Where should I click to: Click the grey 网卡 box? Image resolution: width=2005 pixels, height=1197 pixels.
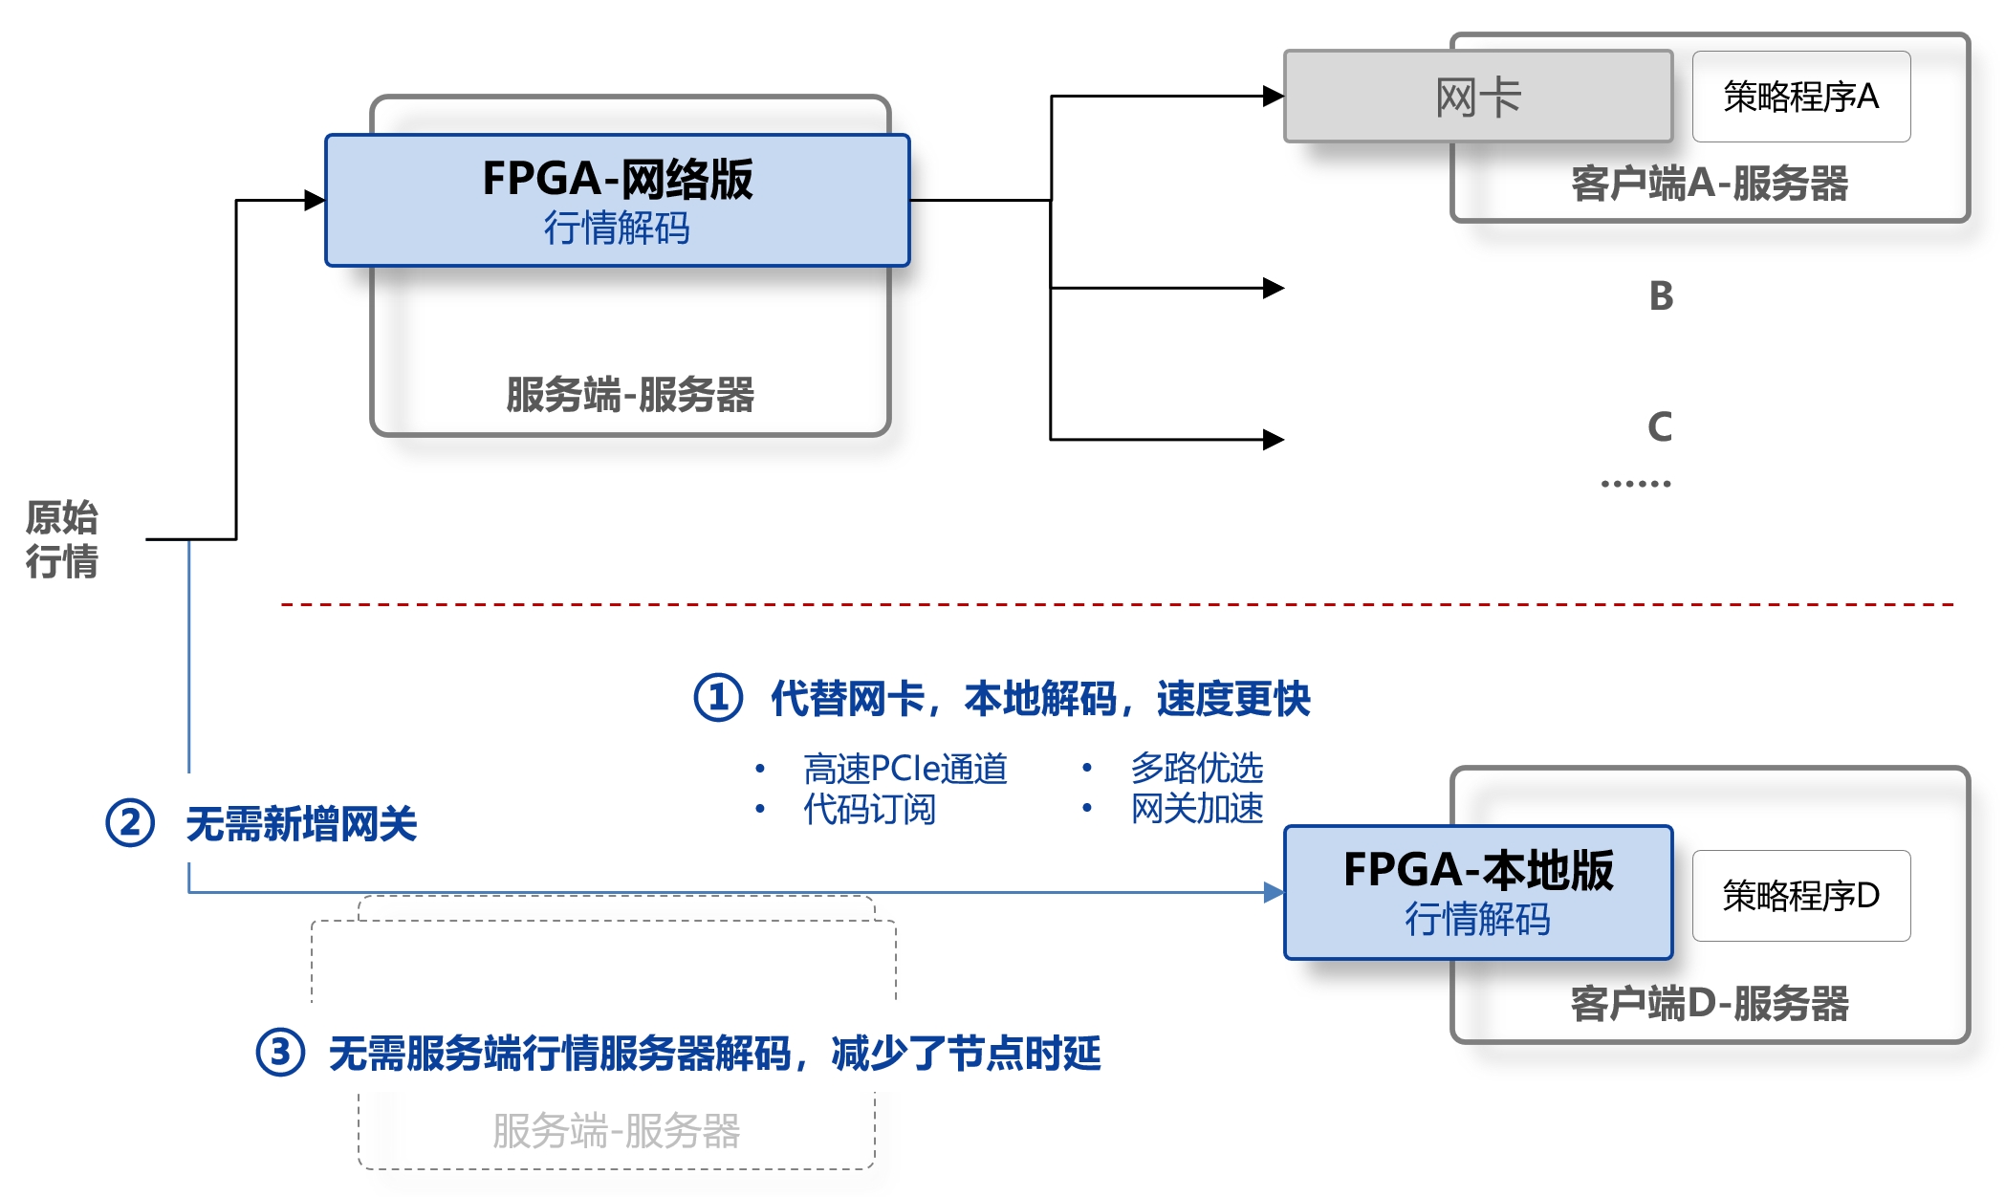1477,97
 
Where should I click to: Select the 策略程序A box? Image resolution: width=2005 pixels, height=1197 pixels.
1800,97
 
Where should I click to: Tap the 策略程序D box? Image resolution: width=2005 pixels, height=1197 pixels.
1800,896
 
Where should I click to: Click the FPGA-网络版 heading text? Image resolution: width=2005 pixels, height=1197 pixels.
618,179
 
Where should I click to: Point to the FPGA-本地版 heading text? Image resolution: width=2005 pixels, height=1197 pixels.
1478,870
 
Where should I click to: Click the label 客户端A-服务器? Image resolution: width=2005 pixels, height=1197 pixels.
1710,184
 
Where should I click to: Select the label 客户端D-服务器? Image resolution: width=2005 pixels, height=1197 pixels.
1710,1004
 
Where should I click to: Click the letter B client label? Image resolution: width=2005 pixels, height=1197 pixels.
1662,296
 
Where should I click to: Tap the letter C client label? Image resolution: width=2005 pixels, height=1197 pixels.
1661,427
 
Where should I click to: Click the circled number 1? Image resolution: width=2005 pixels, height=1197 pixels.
718,698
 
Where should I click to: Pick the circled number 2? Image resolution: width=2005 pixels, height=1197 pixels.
130,823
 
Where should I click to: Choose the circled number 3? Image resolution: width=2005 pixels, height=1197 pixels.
280,1053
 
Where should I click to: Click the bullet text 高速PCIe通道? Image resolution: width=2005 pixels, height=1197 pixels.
905,769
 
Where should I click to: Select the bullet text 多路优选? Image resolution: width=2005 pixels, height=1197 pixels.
1197,768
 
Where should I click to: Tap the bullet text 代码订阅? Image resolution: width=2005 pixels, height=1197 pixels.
869,809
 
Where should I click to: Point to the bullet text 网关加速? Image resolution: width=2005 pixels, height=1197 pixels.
1197,809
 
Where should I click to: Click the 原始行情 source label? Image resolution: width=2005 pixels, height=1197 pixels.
62,539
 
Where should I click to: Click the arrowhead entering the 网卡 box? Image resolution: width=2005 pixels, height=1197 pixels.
1274,96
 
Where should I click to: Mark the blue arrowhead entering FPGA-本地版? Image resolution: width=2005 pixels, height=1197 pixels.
1274,893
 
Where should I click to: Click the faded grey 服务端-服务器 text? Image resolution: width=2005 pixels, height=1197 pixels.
617,1131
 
